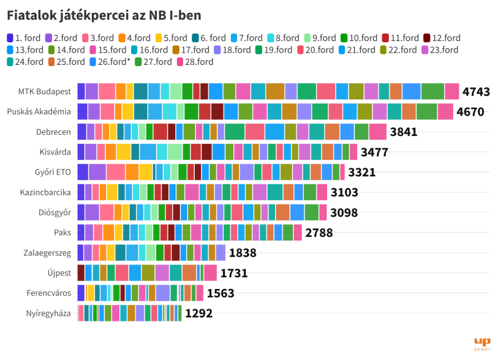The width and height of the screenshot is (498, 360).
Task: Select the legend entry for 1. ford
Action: (x=27, y=38)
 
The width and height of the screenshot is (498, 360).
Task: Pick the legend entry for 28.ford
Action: (x=195, y=61)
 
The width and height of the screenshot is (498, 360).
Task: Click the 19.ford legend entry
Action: (x=273, y=50)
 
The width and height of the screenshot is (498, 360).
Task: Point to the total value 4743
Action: (x=476, y=92)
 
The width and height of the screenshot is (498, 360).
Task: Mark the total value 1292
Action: (x=198, y=314)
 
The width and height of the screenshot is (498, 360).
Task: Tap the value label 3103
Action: (x=344, y=193)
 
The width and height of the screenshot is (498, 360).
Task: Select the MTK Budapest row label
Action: (x=45, y=92)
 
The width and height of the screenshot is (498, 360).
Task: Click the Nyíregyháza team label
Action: (x=48, y=314)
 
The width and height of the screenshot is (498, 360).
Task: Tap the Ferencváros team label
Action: (x=49, y=294)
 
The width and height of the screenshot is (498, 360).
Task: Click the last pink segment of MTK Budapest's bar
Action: (x=452, y=92)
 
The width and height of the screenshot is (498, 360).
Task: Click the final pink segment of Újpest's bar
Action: (x=210, y=274)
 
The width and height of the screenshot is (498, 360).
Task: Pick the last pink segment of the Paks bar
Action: (x=298, y=233)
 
